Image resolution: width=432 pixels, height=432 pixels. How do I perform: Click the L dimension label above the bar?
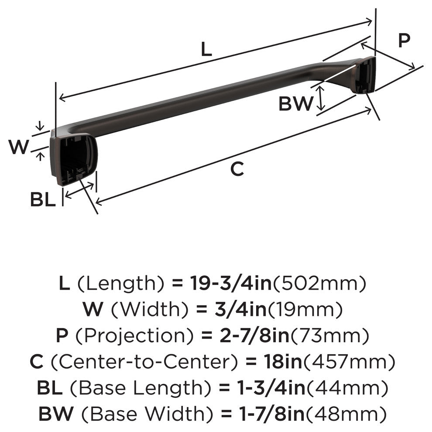[206, 49]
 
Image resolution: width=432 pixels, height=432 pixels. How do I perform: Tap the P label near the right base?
[404, 40]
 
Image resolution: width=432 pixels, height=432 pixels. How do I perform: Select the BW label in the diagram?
[295, 103]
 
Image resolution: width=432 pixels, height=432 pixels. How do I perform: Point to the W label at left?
[18, 147]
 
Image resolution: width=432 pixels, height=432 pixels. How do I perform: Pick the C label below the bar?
[237, 168]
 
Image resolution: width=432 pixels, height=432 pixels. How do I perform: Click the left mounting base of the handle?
[73, 159]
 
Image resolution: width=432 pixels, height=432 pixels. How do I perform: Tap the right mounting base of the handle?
[363, 75]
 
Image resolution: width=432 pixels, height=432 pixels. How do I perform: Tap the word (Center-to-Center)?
[144, 362]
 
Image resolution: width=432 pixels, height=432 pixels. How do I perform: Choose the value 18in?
[283, 362]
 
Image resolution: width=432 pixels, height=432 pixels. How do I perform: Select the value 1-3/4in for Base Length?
[271, 388]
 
